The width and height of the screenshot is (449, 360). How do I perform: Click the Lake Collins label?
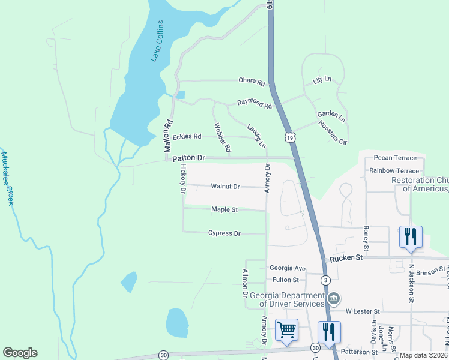[157, 41]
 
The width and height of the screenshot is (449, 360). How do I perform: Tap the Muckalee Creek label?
[7, 178]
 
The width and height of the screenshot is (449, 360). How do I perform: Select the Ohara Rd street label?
[251, 81]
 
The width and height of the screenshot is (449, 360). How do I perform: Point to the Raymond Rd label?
[254, 103]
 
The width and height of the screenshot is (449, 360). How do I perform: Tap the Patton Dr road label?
[188, 158]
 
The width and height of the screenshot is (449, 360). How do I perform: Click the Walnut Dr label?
[225, 187]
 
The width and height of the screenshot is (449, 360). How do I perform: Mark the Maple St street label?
[224, 209]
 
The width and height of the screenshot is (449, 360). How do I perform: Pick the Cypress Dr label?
[224, 233]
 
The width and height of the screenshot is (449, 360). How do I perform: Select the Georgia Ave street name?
[288, 268]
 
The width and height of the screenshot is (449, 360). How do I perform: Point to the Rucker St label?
[346, 259]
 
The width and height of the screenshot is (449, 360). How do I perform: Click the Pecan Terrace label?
[394, 158]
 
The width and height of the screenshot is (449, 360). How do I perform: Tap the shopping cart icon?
[287, 329]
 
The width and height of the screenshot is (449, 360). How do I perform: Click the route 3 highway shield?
[325, 280]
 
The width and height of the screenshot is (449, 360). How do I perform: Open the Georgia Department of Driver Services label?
[287, 299]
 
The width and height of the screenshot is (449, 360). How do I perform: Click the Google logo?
[20, 353]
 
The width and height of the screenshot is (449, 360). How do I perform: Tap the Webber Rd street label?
[221, 138]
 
